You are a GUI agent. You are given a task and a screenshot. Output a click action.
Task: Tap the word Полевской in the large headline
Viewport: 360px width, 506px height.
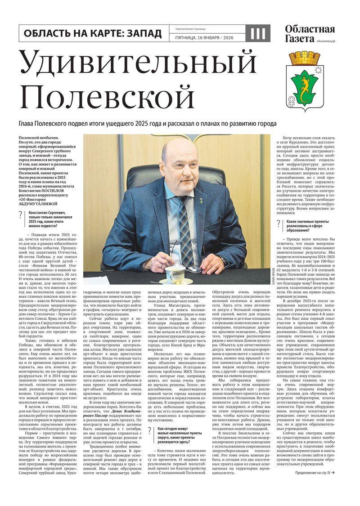point(108,96)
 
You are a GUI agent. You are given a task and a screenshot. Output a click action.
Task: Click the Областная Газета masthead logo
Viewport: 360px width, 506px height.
point(310,34)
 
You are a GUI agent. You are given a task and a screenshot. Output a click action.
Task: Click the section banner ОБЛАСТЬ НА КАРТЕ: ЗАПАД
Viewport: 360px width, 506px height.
point(93,33)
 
